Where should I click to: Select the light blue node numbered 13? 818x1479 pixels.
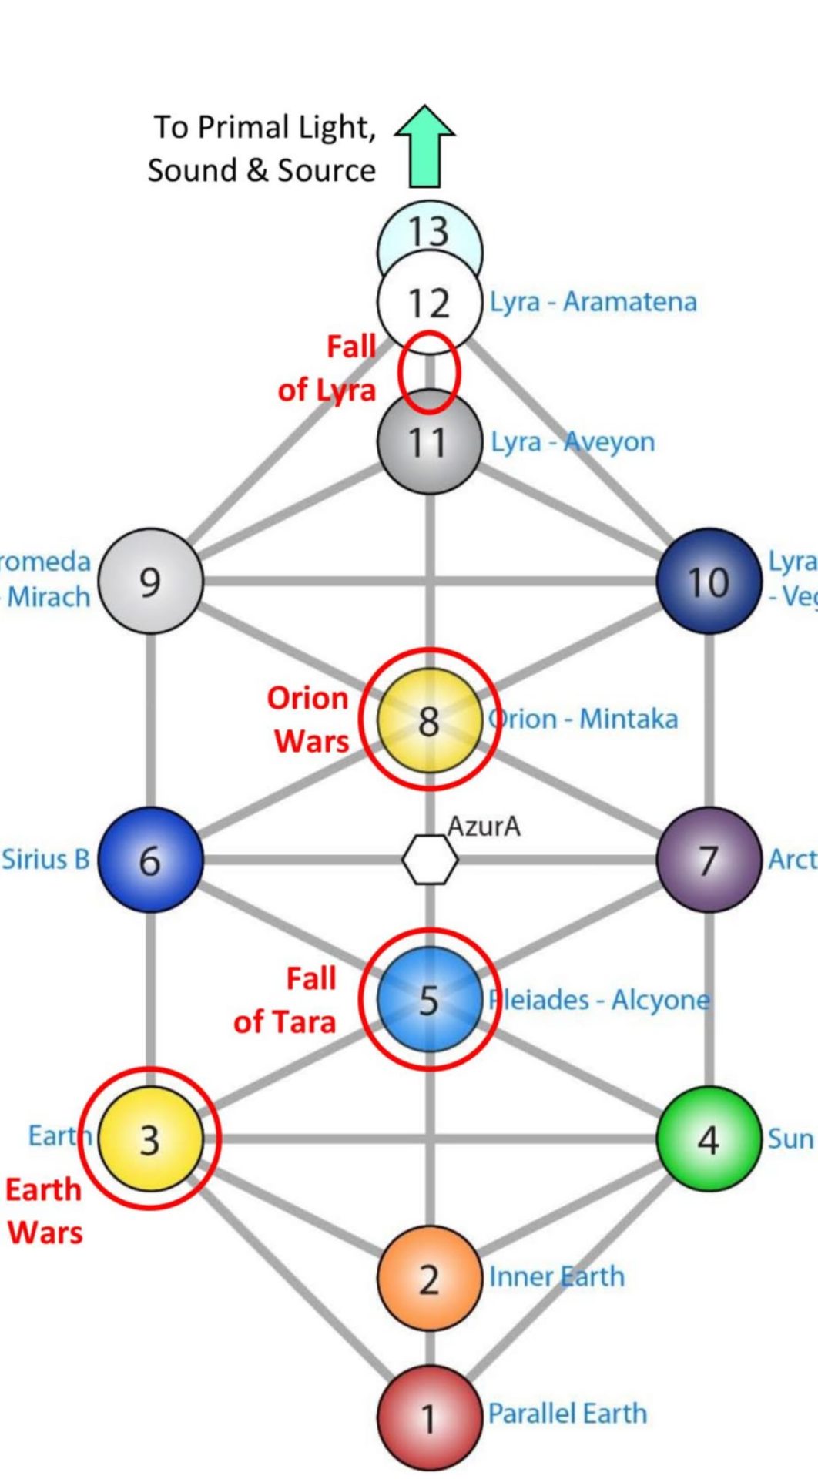coord(429,229)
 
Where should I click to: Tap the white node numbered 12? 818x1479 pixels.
coord(429,302)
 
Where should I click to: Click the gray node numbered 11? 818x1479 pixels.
coord(429,442)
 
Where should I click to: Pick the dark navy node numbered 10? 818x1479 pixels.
coord(709,582)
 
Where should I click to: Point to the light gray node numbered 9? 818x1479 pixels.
coord(151,582)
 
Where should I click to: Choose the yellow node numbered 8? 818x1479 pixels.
coord(429,720)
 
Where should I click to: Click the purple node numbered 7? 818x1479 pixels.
coord(709,860)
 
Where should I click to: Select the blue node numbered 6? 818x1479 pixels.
coord(151,860)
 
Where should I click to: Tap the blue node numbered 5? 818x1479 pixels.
coord(429,999)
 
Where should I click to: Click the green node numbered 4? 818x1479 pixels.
coord(709,1139)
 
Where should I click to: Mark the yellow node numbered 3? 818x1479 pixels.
coord(151,1139)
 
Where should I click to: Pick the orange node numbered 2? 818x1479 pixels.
coord(429,1279)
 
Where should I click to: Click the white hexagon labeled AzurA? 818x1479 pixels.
coord(430,860)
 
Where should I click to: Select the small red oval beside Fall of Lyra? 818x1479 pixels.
coord(429,372)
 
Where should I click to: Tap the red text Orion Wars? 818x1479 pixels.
coord(308,719)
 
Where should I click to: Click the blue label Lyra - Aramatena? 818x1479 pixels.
coord(593,302)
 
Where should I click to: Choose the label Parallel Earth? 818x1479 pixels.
coord(568,1414)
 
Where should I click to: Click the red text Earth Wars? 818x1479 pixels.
coord(44,1210)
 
